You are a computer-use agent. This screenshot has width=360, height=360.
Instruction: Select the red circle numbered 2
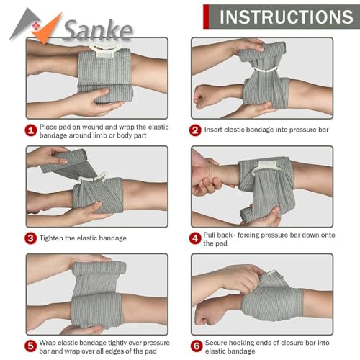[x=195, y=130]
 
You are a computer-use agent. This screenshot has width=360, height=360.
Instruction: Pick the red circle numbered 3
[x=31, y=238]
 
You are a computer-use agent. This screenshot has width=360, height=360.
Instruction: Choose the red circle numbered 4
[x=195, y=238]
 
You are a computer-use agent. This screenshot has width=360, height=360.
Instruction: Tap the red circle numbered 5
[x=31, y=346]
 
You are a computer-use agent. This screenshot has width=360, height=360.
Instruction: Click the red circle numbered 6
[x=195, y=346]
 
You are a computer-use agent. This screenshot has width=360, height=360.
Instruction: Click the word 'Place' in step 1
[x=52, y=126]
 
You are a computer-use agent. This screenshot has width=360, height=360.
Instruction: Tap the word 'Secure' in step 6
[x=219, y=342]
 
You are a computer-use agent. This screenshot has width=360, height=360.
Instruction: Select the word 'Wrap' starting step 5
[x=52, y=342]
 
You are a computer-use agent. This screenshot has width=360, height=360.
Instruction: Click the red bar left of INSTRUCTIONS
[x=206, y=16]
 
